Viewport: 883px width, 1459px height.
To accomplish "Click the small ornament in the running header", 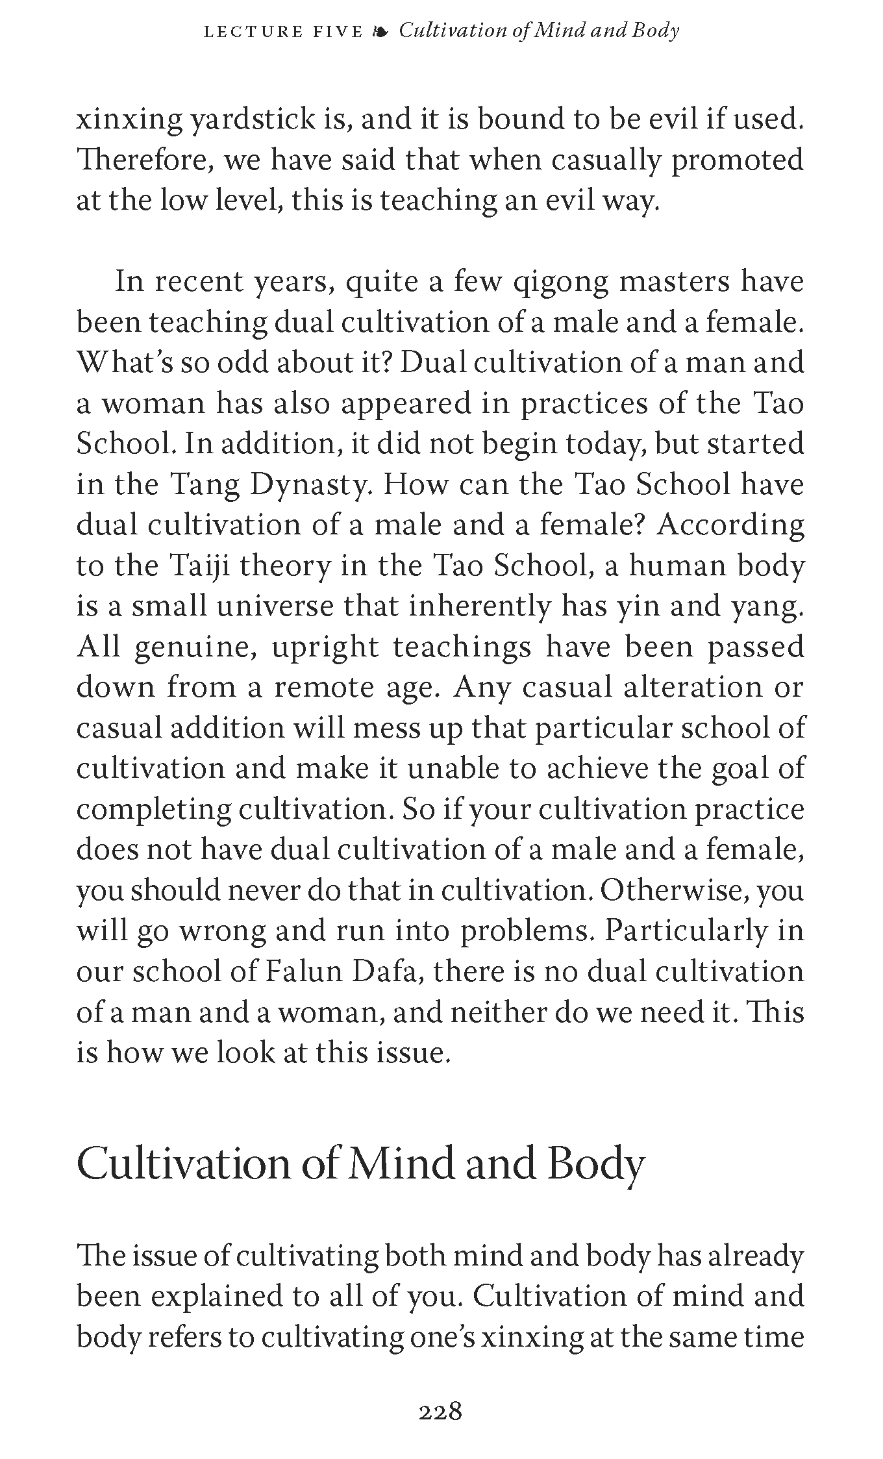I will coord(380,31).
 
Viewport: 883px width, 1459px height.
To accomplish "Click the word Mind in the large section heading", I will coord(401,1165).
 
